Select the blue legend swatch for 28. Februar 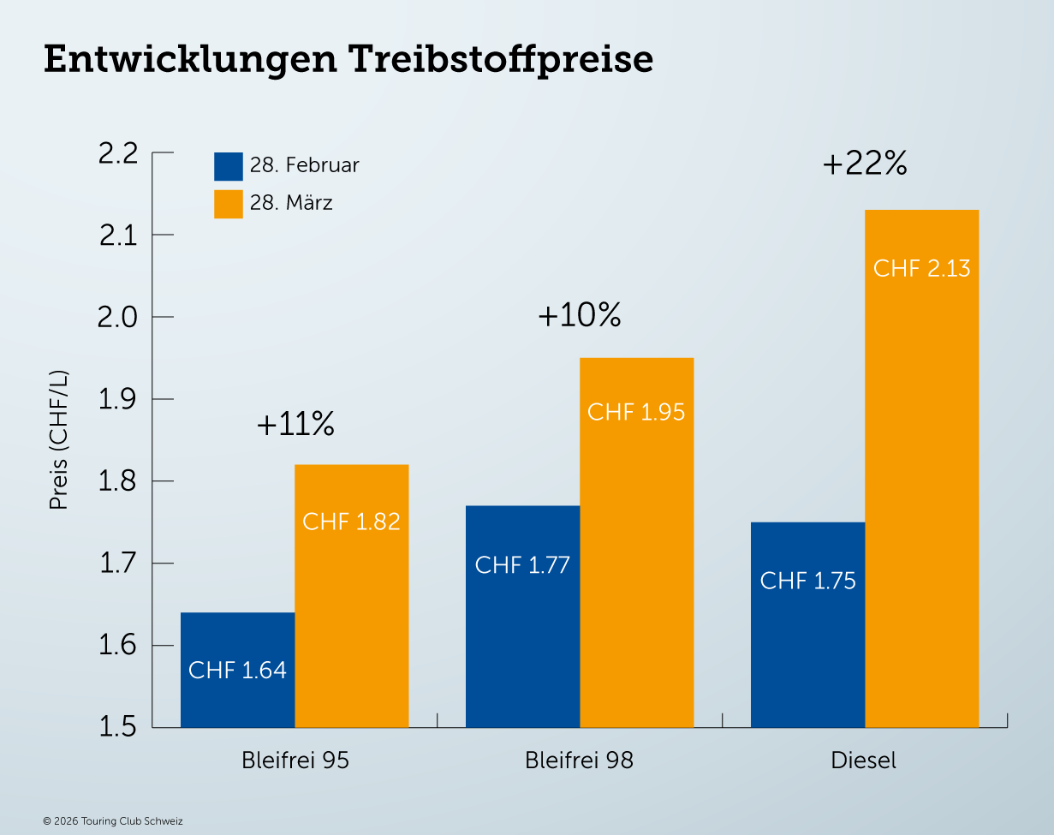pyautogui.click(x=229, y=166)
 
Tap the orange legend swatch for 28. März pyautogui.click(x=229, y=204)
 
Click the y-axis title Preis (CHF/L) pyautogui.click(x=58, y=440)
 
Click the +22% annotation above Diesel pyautogui.click(x=864, y=164)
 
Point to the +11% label pyautogui.click(x=295, y=425)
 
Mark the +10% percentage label pyautogui.click(x=579, y=317)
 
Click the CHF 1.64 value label pyautogui.click(x=237, y=670)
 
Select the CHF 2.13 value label pyautogui.click(x=921, y=268)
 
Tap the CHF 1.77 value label pyautogui.click(x=522, y=565)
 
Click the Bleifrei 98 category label pyautogui.click(x=580, y=760)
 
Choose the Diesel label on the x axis pyautogui.click(x=864, y=760)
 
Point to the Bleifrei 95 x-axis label pyautogui.click(x=295, y=760)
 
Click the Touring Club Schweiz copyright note pyautogui.click(x=113, y=821)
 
